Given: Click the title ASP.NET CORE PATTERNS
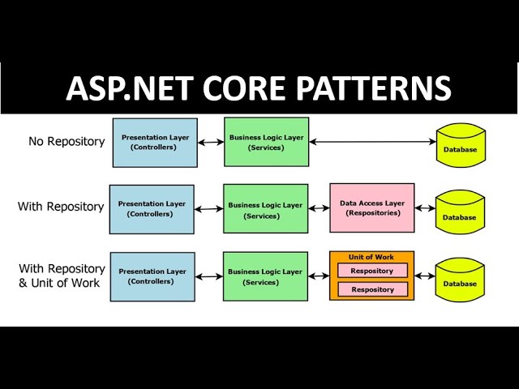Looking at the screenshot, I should click(x=259, y=88).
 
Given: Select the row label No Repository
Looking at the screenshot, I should click(x=66, y=142).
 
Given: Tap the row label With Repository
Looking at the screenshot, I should click(x=61, y=207).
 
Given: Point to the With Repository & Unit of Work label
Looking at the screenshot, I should click(x=62, y=276).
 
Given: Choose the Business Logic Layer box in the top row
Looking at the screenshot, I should click(x=266, y=143).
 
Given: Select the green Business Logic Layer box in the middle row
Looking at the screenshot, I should click(x=266, y=209).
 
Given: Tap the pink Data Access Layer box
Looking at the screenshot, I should click(x=372, y=208).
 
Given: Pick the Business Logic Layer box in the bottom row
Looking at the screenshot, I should click(x=266, y=276).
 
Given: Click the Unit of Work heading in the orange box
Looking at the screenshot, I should click(x=371, y=257).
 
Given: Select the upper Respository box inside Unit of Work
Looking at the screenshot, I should click(x=372, y=271).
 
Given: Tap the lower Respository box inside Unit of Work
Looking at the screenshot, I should click(x=372, y=289).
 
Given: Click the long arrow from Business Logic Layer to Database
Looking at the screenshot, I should click(x=374, y=143).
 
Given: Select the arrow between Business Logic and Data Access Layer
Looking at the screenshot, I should click(x=319, y=209).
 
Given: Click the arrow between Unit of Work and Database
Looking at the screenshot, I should click(x=425, y=277).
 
